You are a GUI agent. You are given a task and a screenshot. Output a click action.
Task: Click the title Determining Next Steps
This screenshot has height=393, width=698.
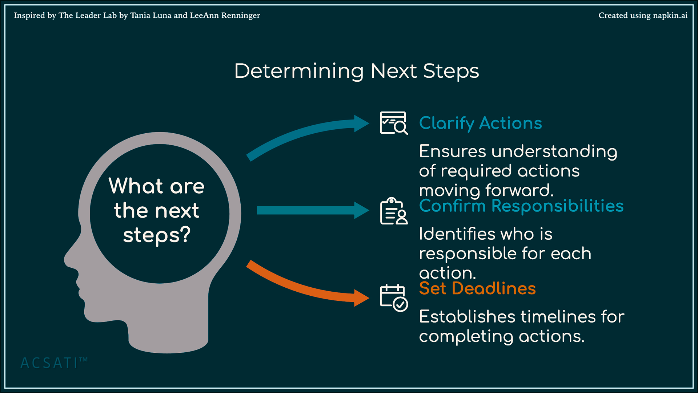(357, 71)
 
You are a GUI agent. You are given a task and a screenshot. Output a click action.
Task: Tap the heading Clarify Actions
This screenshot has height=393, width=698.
(480, 123)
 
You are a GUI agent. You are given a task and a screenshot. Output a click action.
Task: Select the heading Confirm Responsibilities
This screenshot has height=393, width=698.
(521, 206)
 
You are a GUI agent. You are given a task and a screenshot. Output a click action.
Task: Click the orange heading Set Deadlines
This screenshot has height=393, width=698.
(477, 288)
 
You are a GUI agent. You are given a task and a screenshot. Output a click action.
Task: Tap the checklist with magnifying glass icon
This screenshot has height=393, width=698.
(393, 123)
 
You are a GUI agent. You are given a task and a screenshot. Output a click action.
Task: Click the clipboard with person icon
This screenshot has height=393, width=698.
(393, 211)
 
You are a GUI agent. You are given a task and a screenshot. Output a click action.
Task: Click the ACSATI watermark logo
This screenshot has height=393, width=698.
(54, 363)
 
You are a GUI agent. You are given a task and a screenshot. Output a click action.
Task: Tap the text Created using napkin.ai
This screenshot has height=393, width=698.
(643, 16)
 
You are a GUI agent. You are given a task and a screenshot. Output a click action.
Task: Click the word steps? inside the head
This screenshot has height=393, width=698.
(157, 235)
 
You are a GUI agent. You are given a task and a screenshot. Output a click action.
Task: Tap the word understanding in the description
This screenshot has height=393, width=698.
(554, 152)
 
